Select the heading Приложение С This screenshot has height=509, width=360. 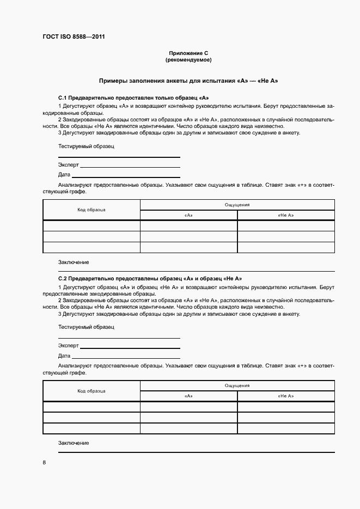(x=188, y=53)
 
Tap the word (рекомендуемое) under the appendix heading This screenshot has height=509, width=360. (x=188, y=59)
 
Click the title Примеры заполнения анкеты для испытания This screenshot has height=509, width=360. (x=188, y=81)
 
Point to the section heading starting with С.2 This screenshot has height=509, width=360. (x=150, y=278)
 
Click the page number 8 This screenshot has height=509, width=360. (x=44, y=463)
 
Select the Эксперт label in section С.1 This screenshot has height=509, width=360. (x=69, y=164)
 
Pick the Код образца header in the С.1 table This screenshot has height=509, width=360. (x=91, y=210)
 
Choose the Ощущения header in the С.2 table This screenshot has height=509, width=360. (x=237, y=385)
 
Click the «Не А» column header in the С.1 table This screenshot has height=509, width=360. (x=285, y=215)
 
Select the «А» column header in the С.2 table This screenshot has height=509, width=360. (x=188, y=396)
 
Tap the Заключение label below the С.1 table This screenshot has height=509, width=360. (x=74, y=262)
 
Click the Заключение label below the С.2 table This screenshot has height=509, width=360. (x=74, y=443)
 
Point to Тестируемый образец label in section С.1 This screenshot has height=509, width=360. (x=86, y=146)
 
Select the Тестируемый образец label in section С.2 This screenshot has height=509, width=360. (x=86, y=327)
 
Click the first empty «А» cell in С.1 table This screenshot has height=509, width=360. (x=188, y=226)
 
